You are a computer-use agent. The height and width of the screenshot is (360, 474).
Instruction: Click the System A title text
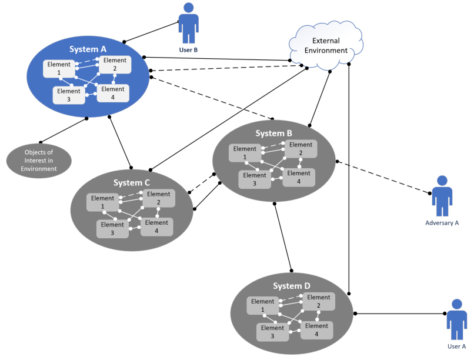(x=88, y=49)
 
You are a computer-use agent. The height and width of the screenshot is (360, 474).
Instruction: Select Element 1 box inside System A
(x=59, y=69)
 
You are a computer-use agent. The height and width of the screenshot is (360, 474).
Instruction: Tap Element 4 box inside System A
(x=112, y=93)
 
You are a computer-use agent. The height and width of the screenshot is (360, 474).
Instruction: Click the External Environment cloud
(x=325, y=45)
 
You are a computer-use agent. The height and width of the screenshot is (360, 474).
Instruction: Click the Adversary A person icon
(x=442, y=196)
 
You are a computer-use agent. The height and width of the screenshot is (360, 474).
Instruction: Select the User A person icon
(x=456, y=319)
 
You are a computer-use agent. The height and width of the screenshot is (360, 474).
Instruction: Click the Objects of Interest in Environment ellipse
(x=39, y=161)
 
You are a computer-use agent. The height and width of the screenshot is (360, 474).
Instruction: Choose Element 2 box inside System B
(x=301, y=149)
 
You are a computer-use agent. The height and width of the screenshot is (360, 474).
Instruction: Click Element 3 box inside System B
(x=255, y=179)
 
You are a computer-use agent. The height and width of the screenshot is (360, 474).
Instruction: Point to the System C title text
(x=131, y=182)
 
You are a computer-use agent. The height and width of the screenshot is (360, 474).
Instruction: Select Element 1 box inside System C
(x=102, y=202)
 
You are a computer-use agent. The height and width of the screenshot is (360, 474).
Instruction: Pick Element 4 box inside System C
(x=156, y=226)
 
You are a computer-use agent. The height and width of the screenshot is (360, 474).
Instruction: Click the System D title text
(x=291, y=286)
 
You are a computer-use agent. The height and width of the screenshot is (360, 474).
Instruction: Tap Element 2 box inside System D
(x=319, y=301)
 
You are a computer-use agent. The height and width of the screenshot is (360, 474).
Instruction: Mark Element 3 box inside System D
(x=272, y=332)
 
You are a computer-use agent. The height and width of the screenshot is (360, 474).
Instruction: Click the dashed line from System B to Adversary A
(x=382, y=176)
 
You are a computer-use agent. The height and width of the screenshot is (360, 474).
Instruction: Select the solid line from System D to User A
(x=400, y=314)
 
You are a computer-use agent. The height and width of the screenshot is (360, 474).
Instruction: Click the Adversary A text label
(x=442, y=223)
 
